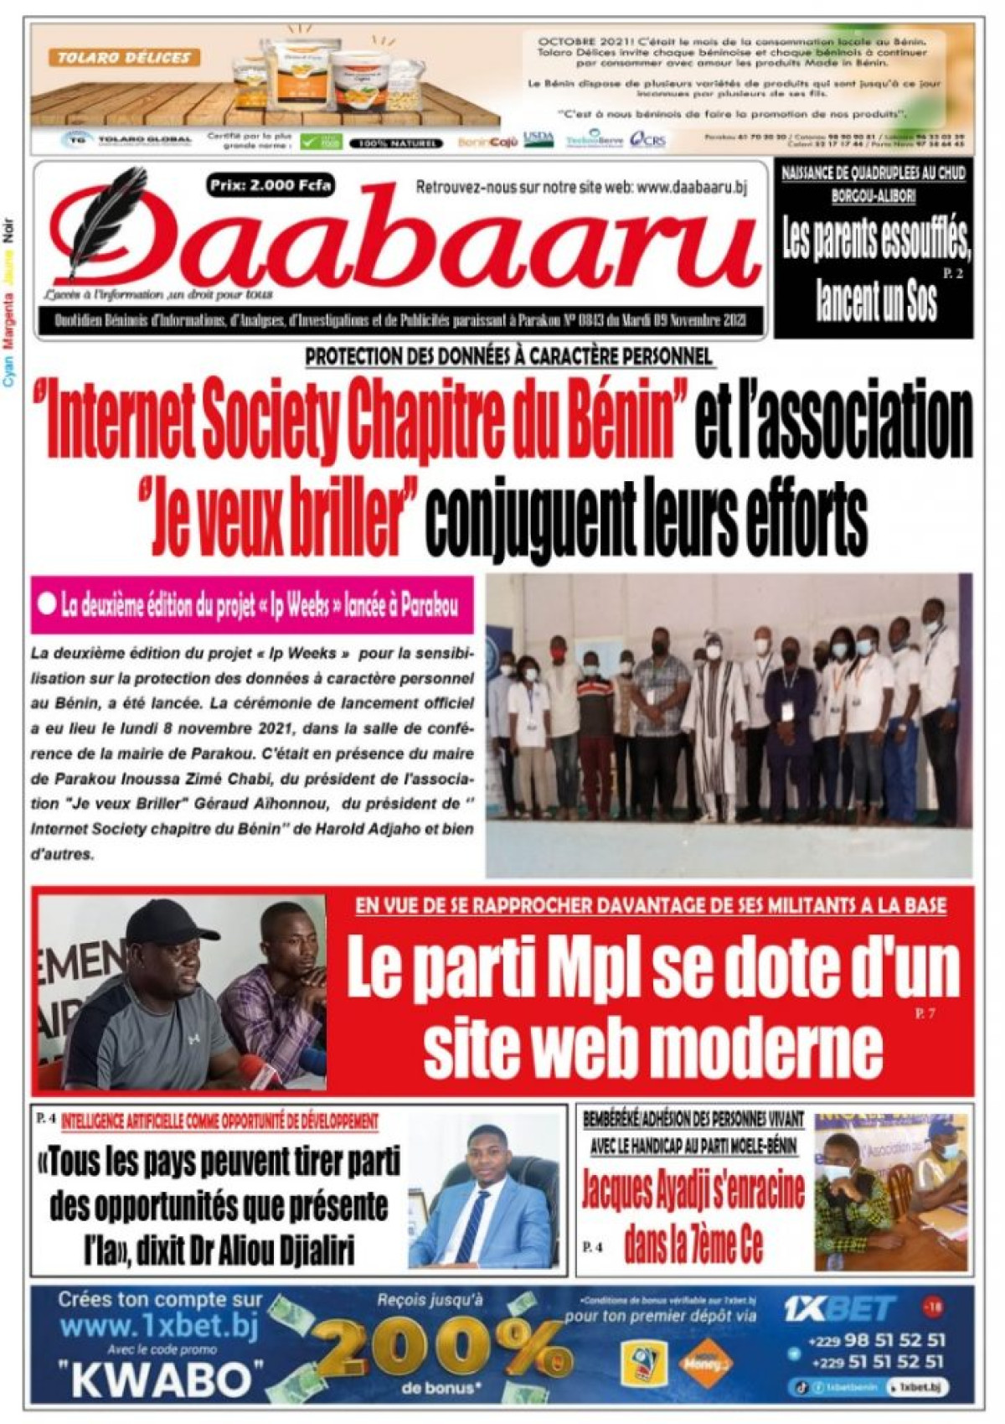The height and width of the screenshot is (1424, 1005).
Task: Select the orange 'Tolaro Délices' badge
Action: point(124,58)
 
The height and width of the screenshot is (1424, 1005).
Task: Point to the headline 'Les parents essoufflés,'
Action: point(876,244)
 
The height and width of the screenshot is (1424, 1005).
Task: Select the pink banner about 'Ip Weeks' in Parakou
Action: point(251,605)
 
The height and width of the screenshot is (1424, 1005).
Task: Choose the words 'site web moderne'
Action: point(653,1046)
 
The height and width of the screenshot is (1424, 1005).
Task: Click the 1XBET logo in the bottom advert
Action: point(840,1308)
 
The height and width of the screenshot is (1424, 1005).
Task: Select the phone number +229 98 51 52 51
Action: point(876,1340)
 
